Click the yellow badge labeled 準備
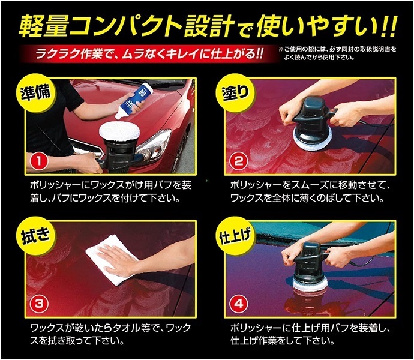(35, 92)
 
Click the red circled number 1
(39, 161)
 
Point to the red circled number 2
(239, 161)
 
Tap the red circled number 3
(39, 304)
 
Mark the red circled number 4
(239, 304)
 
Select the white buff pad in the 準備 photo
(119, 131)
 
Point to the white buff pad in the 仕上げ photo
(310, 284)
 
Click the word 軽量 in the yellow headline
(44, 26)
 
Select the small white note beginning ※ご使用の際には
(338, 53)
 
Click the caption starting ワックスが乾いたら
(111, 334)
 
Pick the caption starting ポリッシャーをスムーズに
(310, 192)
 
